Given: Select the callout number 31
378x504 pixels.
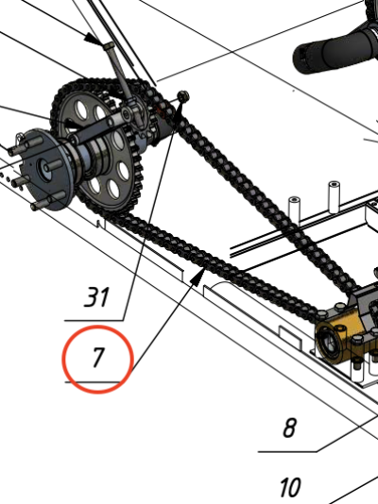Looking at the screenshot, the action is pos(96,296).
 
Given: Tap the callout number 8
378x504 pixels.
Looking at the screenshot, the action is pos(289,428).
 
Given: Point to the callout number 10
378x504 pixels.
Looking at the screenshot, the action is pos(290,487).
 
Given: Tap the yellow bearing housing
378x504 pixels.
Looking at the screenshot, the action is pos(337,336).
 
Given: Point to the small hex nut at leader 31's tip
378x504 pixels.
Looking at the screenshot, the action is pos(183,96).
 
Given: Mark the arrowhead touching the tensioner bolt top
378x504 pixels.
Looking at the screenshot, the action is pos(94,40).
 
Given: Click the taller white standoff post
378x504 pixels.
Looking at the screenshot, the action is pos(335,196).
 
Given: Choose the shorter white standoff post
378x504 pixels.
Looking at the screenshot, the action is pos(294,210).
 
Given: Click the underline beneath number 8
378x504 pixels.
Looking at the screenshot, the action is pos(287,451).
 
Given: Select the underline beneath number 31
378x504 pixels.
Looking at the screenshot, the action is pos(94,321).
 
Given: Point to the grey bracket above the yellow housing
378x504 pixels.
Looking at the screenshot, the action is pos(365,304).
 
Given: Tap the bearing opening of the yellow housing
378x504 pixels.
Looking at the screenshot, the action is pos(327,343).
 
